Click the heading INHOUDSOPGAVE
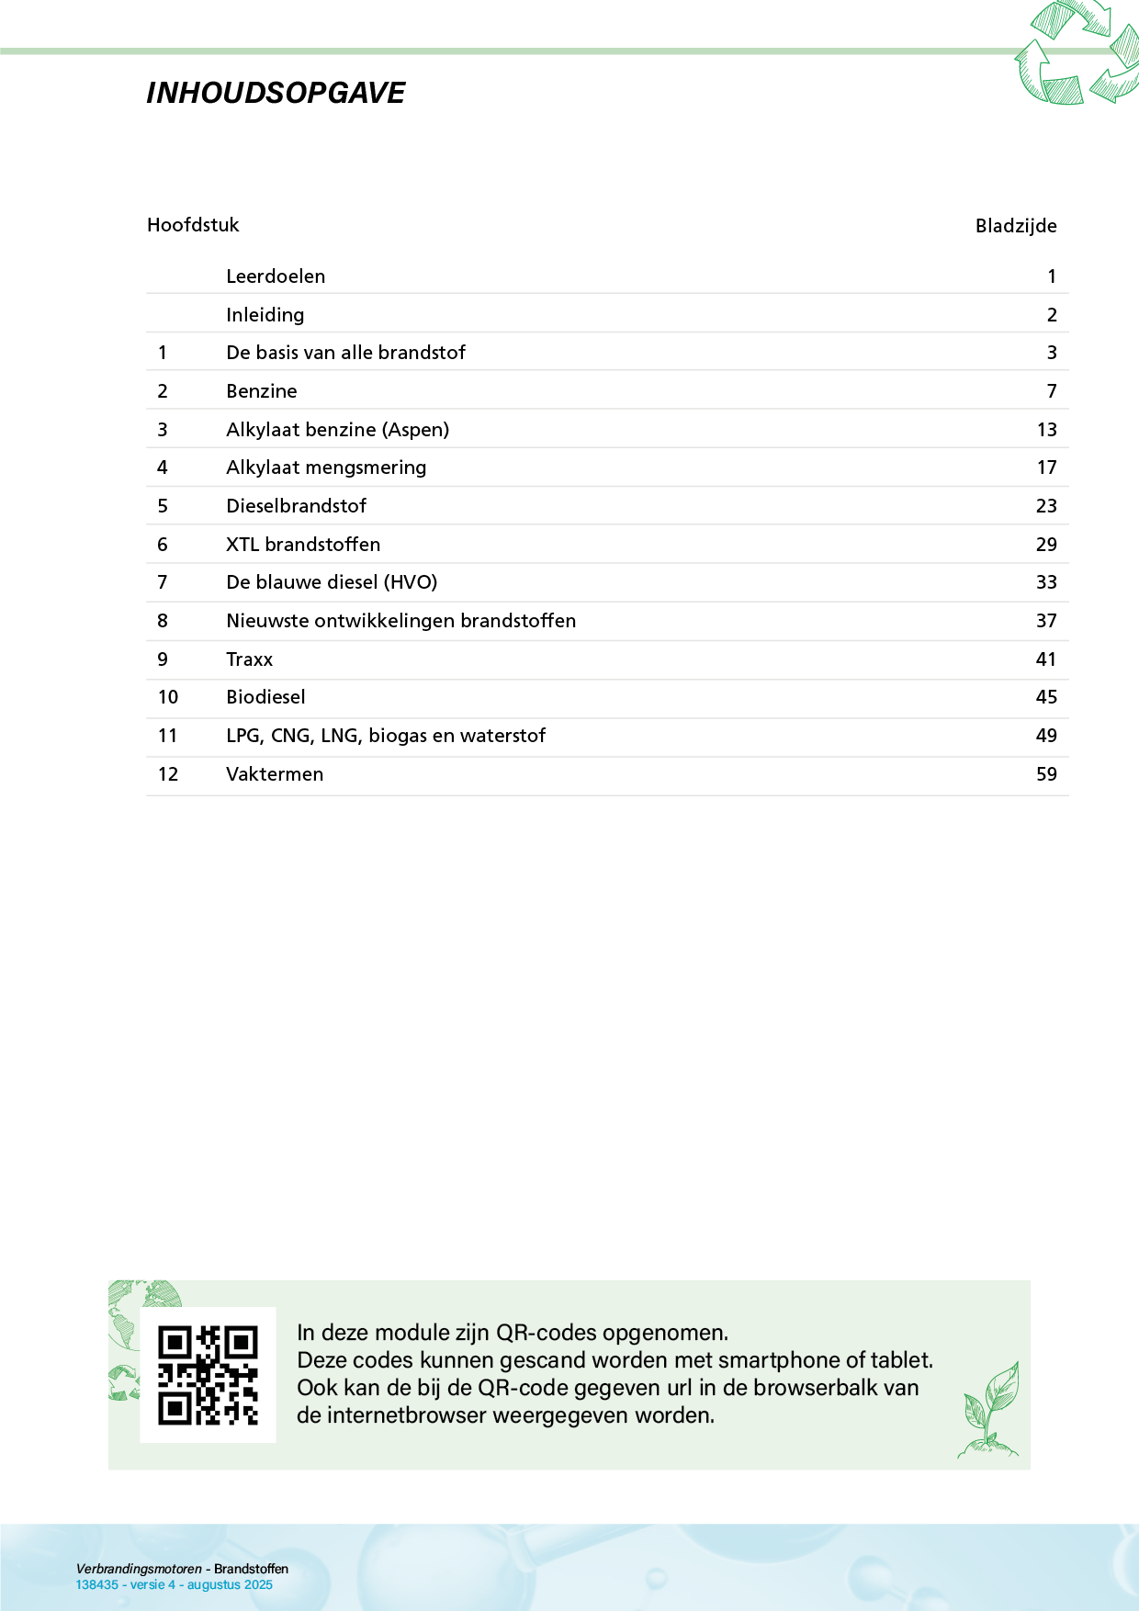(x=276, y=93)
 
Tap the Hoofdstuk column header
(x=193, y=225)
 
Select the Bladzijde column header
(x=1015, y=226)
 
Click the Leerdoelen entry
(x=276, y=276)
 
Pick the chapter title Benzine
(x=262, y=391)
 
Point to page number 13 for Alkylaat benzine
(x=1046, y=430)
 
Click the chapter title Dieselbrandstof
(x=296, y=506)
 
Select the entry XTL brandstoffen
(x=303, y=545)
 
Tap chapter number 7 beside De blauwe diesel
(x=163, y=582)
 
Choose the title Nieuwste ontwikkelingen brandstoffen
(x=400, y=621)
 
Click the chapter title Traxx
(x=250, y=659)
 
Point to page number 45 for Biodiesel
(x=1046, y=697)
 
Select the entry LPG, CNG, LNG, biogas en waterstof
(x=386, y=736)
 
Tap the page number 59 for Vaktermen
(x=1046, y=774)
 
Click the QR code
(x=208, y=1375)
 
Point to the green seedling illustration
(x=990, y=1410)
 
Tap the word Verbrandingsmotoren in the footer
(x=139, y=1569)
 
